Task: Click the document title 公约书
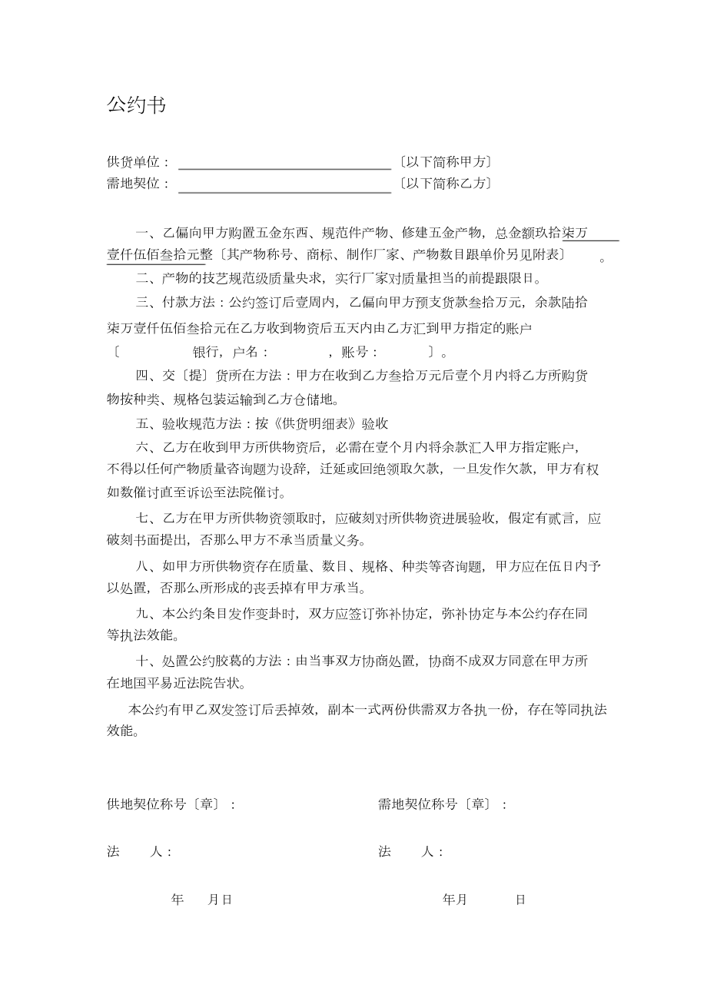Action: point(136,105)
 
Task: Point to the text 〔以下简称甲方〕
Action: point(445,162)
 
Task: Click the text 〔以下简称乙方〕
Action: point(445,184)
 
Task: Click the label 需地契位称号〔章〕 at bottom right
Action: point(434,804)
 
